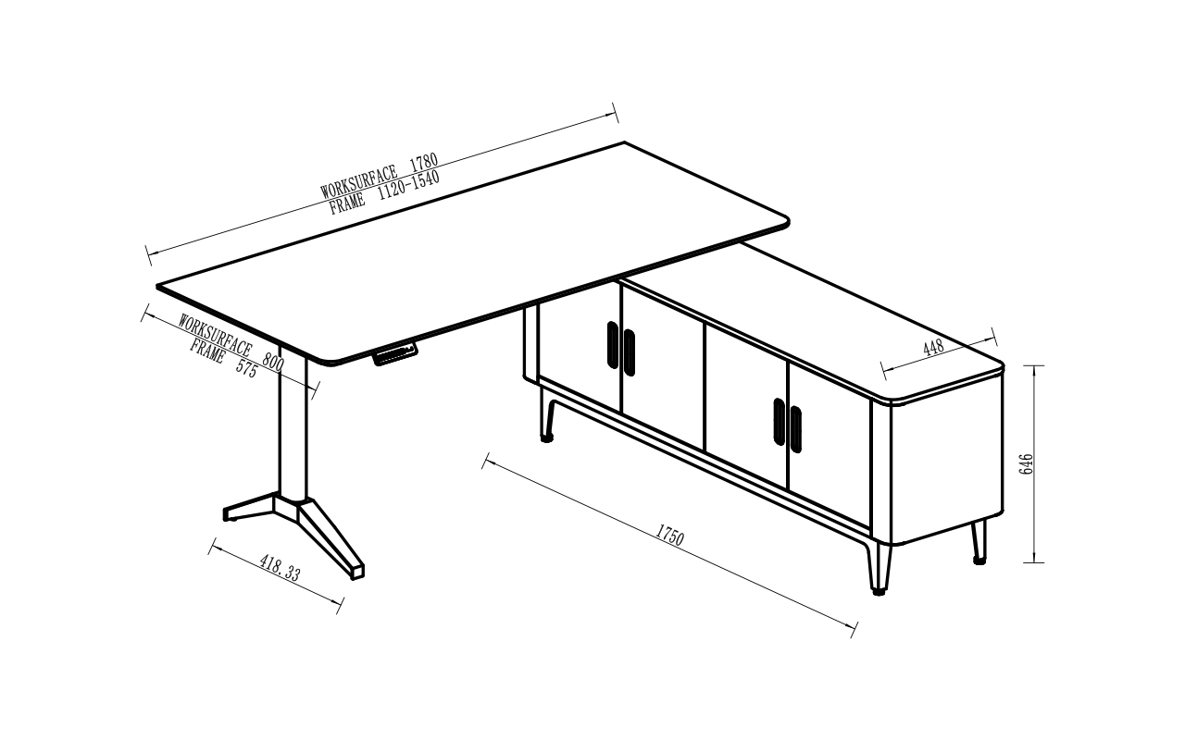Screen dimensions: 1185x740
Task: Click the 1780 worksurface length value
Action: (424, 162)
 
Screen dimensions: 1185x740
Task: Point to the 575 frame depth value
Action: (245, 368)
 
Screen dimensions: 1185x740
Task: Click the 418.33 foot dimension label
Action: (280, 567)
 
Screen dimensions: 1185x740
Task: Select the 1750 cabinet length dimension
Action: (669, 535)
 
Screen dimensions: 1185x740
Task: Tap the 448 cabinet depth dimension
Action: (933, 347)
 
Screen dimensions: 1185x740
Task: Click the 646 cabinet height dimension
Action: (1026, 463)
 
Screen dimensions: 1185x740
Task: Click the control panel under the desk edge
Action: (394, 354)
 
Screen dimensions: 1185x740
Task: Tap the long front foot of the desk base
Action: (331, 538)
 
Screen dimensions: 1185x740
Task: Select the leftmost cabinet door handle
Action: (613, 345)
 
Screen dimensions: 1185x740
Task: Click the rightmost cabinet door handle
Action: (795, 429)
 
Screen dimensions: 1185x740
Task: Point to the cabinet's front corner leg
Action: (879, 568)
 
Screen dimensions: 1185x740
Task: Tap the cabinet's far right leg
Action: (979, 542)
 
